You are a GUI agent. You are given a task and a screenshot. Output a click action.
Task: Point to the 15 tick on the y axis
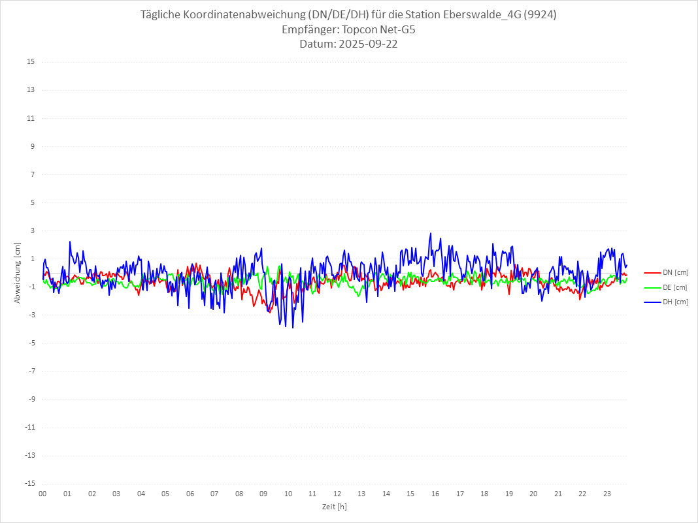(x=31, y=62)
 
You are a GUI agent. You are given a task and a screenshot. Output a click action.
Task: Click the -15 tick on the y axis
(x=29, y=483)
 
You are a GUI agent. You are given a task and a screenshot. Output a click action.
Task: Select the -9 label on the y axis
(x=31, y=399)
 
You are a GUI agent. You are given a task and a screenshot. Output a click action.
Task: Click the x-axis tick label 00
(x=42, y=494)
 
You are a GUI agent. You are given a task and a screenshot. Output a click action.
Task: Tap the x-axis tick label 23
(x=607, y=494)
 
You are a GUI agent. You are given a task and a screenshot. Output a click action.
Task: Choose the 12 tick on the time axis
(x=337, y=494)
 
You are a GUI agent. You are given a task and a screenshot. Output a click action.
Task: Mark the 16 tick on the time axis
(x=435, y=494)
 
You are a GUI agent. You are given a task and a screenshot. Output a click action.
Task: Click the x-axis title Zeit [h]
(x=335, y=506)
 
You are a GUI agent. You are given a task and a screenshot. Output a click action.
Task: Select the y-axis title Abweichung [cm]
(x=18, y=272)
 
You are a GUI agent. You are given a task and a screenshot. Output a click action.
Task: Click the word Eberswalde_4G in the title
(x=481, y=14)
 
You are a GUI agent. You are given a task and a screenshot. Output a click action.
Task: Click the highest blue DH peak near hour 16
(x=431, y=233)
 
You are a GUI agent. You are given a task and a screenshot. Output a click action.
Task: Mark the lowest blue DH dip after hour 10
(x=293, y=327)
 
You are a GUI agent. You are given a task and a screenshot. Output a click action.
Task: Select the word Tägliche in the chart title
(x=161, y=14)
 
